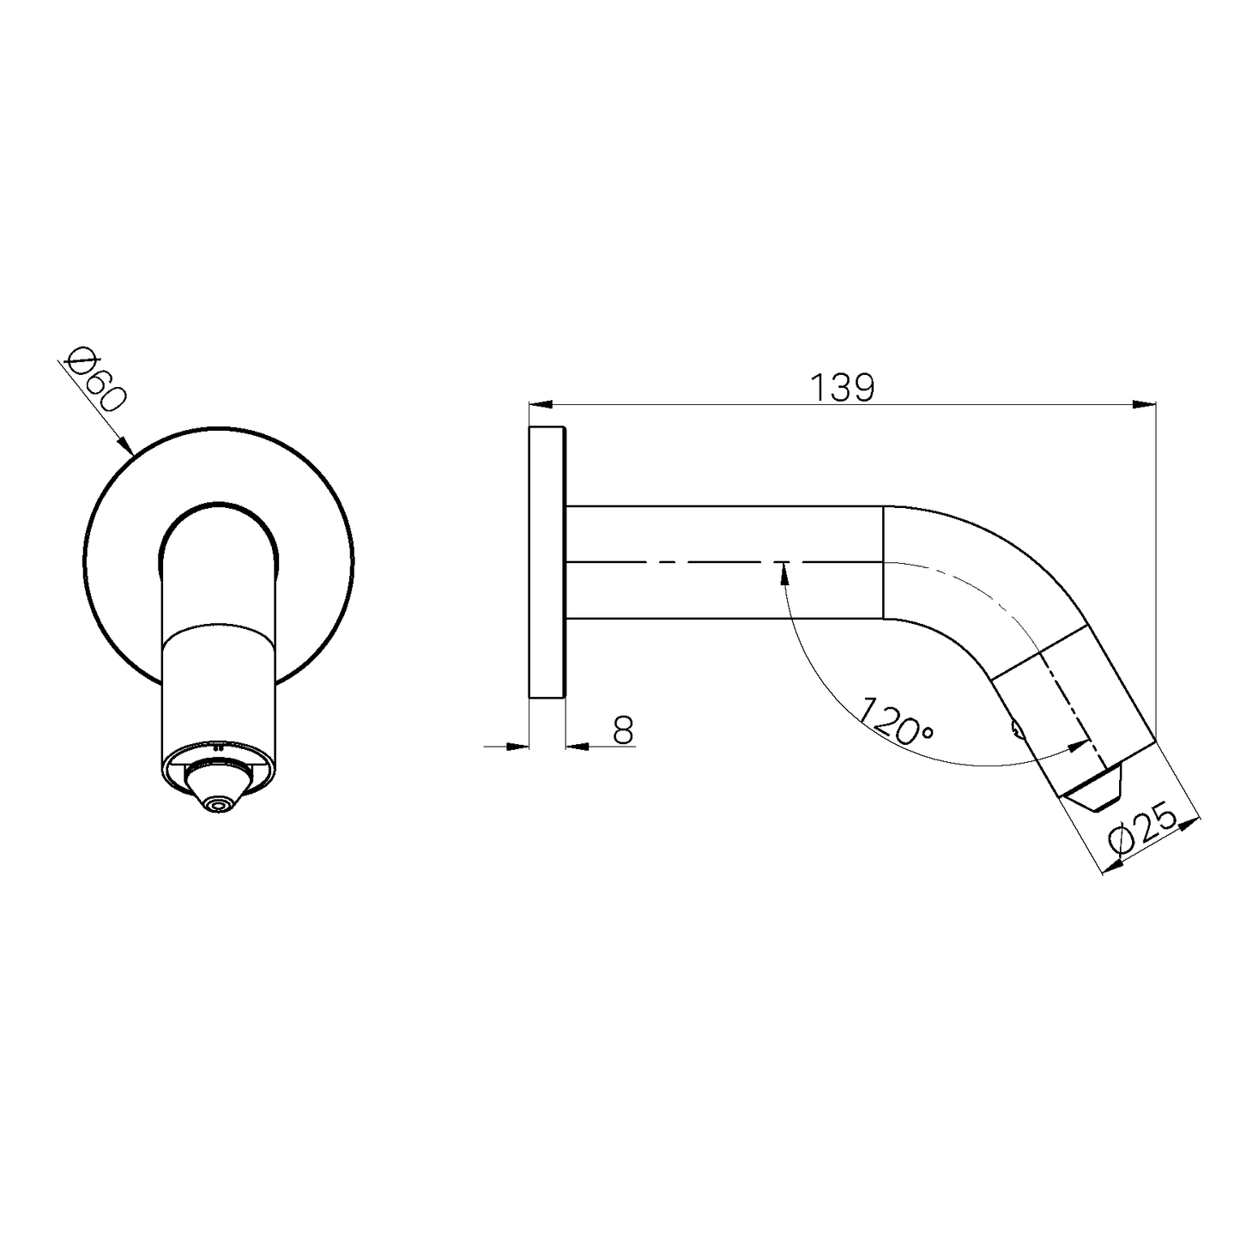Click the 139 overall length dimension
click(x=843, y=388)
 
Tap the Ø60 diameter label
click(x=97, y=379)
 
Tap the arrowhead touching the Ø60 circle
click(x=124, y=445)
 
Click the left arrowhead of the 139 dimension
click(x=541, y=404)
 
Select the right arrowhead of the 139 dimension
click(x=1144, y=404)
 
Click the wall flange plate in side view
click(x=547, y=562)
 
